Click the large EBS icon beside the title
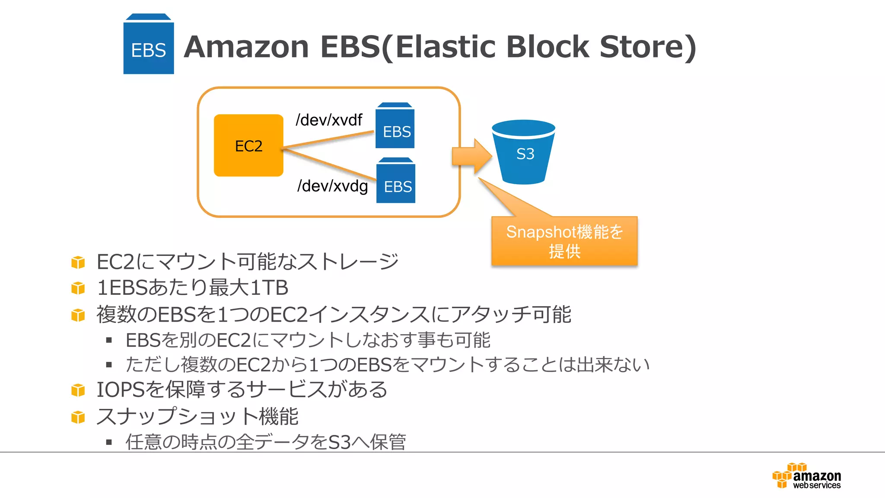point(148,45)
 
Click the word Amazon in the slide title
point(246,47)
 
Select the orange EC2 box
point(248,145)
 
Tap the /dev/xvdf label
point(328,120)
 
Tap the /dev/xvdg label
point(332,186)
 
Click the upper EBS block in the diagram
point(395,127)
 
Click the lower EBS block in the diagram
point(396,182)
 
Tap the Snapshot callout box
point(564,241)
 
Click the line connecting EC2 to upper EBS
point(328,140)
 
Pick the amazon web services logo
point(806,476)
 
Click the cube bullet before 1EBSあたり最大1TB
point(78,288)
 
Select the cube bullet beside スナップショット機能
point(78,417)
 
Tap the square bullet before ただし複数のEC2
point(109,365)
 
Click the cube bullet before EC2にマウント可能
point(78,262)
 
